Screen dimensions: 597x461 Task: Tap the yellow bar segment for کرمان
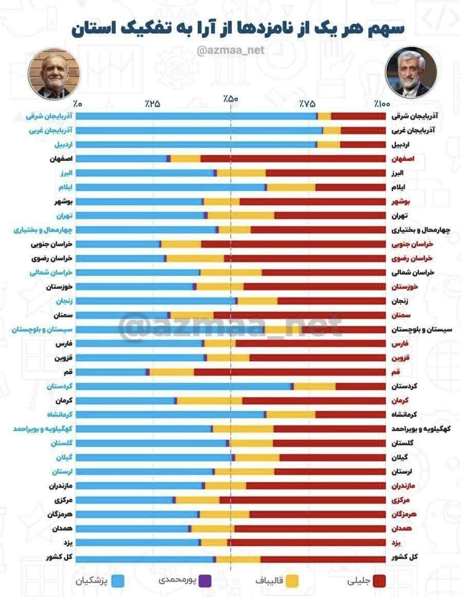[x=209, y=400]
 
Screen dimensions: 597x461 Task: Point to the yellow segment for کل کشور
[x=238, y=557]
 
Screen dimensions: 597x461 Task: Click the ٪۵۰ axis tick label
[x=231, y=99]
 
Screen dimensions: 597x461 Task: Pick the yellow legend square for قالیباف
[x=292, y=581]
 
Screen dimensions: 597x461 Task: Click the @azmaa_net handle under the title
[x=230, y=50]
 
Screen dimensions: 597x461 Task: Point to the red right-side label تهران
[x=400, y=216]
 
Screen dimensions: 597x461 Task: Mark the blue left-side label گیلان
[x=64, y=457]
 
